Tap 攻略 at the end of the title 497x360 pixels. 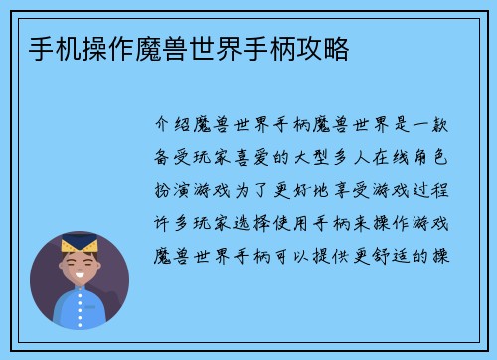point(325,48)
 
